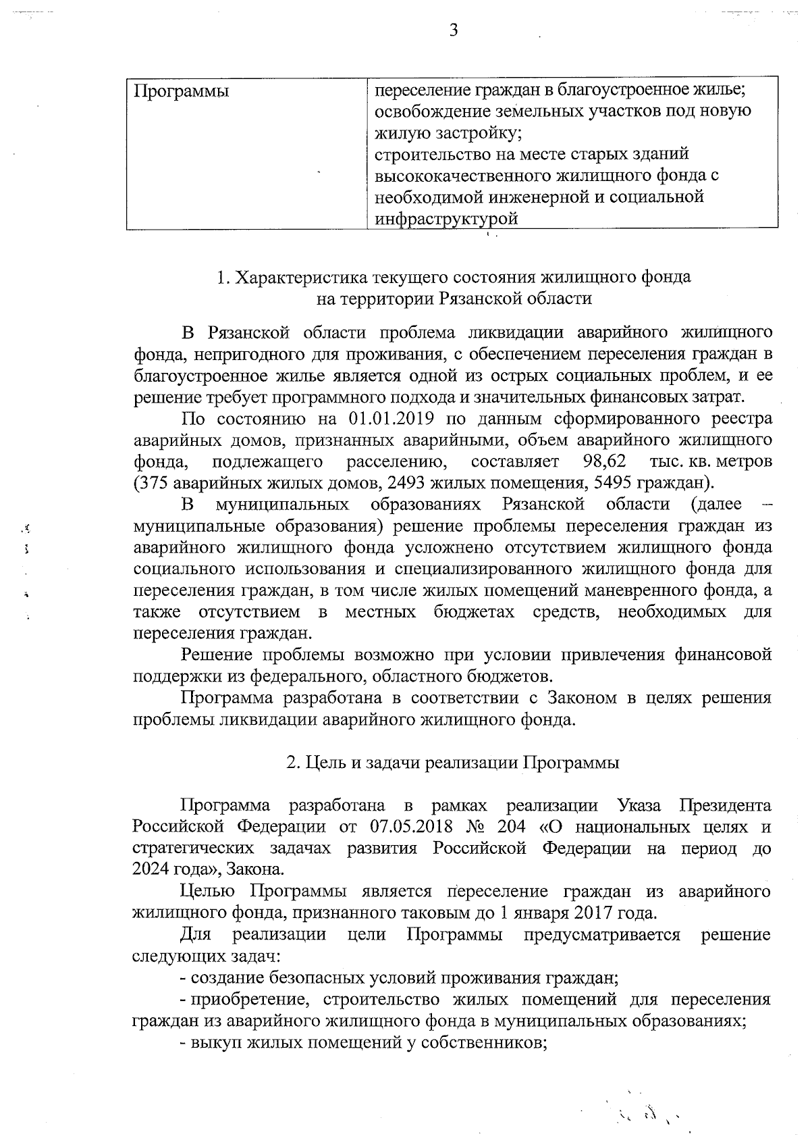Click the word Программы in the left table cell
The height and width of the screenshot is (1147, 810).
(181, 91)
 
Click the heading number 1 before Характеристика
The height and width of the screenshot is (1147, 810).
(221, 278)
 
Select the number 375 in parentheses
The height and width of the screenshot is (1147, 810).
(151, 483)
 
